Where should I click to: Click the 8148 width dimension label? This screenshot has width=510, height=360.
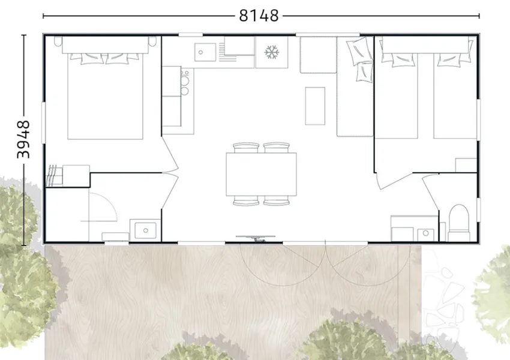click(259, 16)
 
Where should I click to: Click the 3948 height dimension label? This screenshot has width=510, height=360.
click(23, 139)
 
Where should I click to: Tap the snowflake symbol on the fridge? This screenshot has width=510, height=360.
click(272, 52)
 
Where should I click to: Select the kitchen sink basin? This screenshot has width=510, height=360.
click(205, 52)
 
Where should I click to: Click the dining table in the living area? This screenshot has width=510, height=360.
click(261, 175)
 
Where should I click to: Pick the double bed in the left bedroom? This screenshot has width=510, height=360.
click(105, 94)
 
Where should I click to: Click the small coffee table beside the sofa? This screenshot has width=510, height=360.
click(315, 106)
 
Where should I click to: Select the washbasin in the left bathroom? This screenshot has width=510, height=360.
click(145, 230)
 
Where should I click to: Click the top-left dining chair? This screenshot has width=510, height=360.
click(246, 148)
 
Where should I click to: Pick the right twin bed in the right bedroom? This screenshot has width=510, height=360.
click(455, 94)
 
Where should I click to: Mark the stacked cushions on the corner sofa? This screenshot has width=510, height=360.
click(361, 59)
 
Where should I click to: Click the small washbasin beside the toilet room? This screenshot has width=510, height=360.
click(425, 233)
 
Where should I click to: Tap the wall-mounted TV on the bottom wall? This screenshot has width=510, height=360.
click(256, 238)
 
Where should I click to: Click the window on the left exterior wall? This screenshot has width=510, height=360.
click(43, 122)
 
